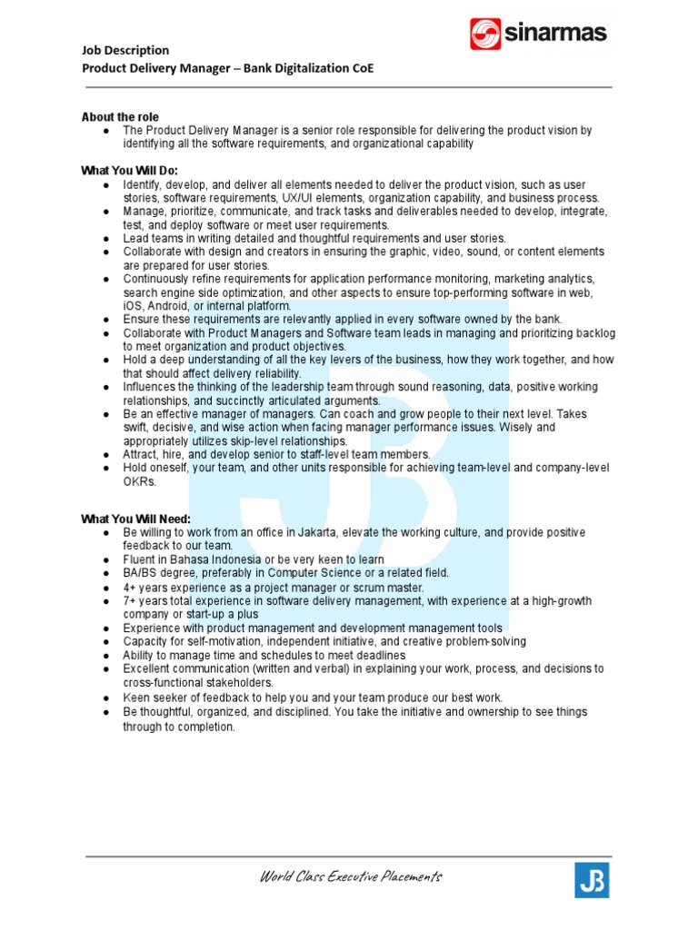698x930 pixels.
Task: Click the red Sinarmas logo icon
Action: (x=485, y=35)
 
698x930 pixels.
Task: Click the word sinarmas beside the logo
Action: (x=555, y=35)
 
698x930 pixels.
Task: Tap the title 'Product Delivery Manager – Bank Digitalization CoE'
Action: (x=227, y=68)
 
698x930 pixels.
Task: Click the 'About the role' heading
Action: (x=120, y=117)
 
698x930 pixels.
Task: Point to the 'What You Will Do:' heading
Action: (x=130, y=171)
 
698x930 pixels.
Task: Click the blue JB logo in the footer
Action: (x=592, y=880)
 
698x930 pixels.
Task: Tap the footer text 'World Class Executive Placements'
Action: (x=351, y=877)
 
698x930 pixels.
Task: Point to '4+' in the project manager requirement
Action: (x=130, y=588)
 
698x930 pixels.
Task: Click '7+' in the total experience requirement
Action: (x=130, y=601)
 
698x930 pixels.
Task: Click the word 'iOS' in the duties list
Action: (x=133, y=306)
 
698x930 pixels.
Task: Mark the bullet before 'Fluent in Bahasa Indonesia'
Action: (x=107, y=559)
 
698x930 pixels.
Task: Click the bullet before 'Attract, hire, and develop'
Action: (x=107, y=454)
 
